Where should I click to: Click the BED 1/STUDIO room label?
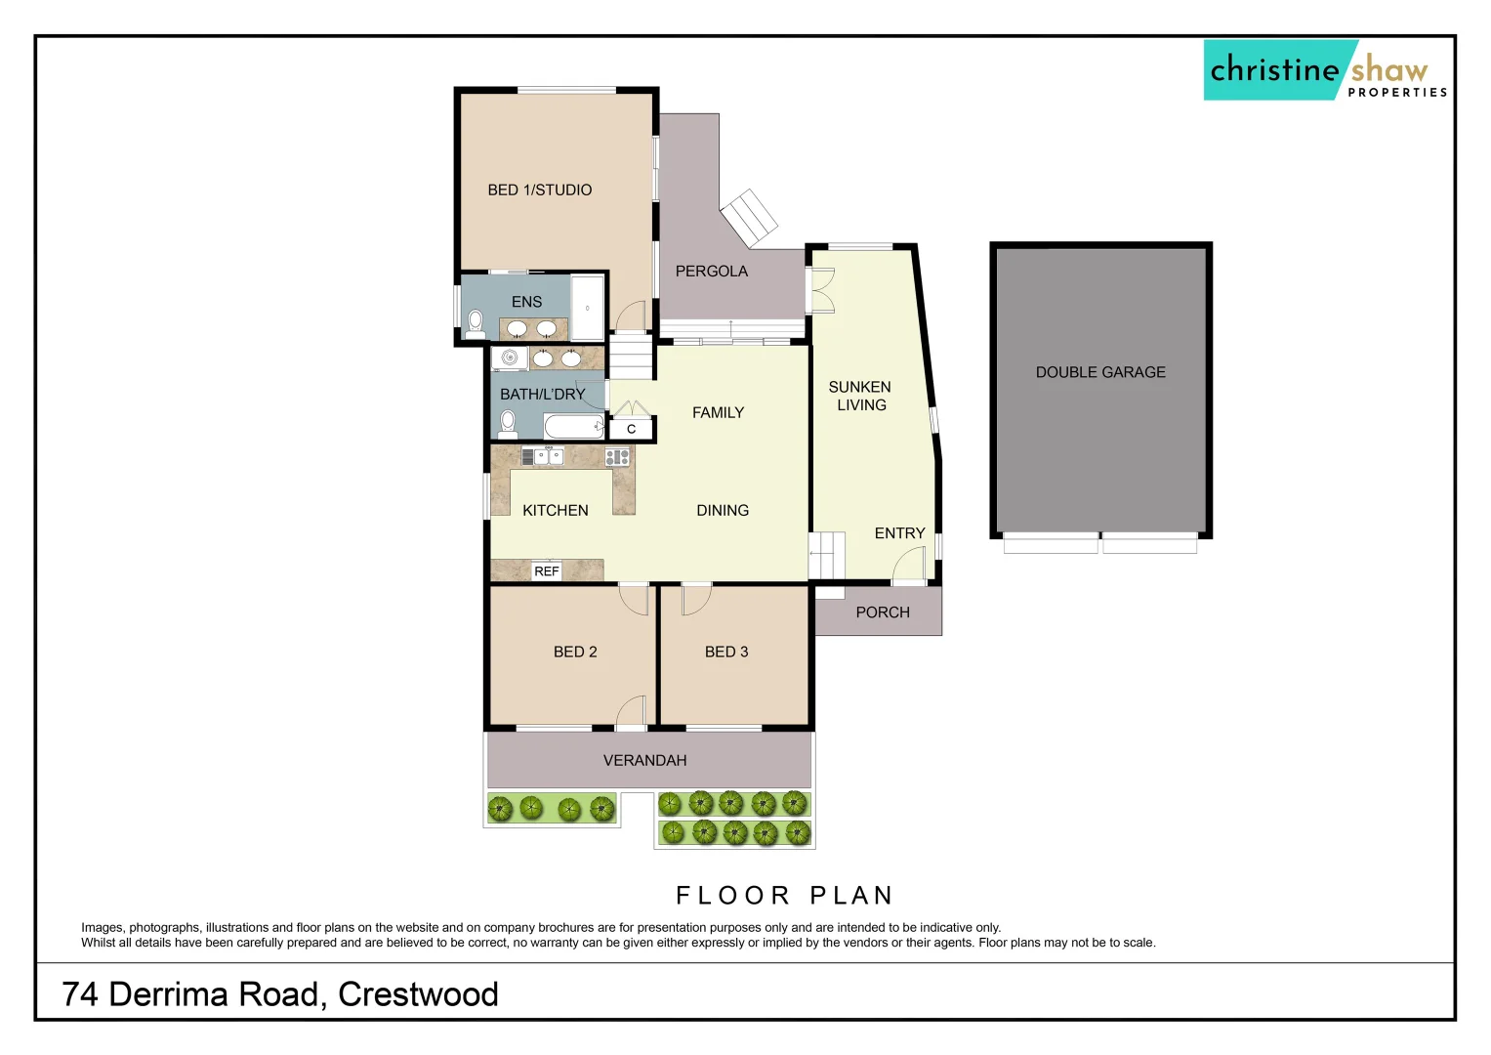click(x=539, y=190)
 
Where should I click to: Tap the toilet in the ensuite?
click(x=476, y=322)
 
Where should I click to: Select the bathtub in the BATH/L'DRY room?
click(x=573, y=426)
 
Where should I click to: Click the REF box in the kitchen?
click(x=547, y=571)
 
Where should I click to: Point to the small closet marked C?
click(x=631, y=429)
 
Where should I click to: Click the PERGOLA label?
click(x=711, y=271)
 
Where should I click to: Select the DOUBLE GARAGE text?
click(x=1100, y=372)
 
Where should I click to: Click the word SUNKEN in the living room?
click(x=859, y=387)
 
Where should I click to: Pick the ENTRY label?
click(x=899, y=533)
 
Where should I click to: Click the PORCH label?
click(x=882, y=612)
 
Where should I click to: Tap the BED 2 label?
click(x=574, y=652)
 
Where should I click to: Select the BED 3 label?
click(x=726, y=652)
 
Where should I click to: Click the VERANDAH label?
click(x=644, y=760)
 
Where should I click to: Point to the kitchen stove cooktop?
click(x=617, y=456)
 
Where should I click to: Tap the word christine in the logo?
click(x=1274, y=70)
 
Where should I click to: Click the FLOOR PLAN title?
click(x=784, y=895)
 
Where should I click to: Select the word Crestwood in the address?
click(x=418, y=994)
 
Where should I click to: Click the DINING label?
click(x=723, y=510)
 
